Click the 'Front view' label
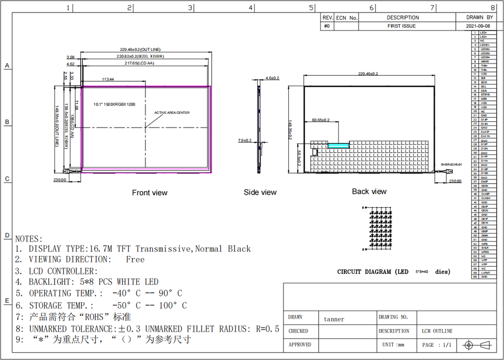click(x=150, y=193)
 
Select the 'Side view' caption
click(x=260, y=193)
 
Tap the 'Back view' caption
click(x=369, y=192)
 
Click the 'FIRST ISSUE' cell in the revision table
click(x=402, y=26)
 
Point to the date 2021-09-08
click(x=478, y=26)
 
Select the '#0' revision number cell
click(x=327, y=26)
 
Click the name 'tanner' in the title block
click(x=334, y=319)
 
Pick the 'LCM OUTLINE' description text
click(x=437, y=331)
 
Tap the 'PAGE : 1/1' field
click(x=436, y=345)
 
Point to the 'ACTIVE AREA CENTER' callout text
click(x=172, y=113)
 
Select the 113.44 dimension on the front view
click(x=109, y=79)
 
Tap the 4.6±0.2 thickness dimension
click(x=272, y=78)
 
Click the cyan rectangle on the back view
click(x=339, y=145)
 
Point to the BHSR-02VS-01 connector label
click(x=451, y=164)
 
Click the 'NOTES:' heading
click(x=29, y=239)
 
